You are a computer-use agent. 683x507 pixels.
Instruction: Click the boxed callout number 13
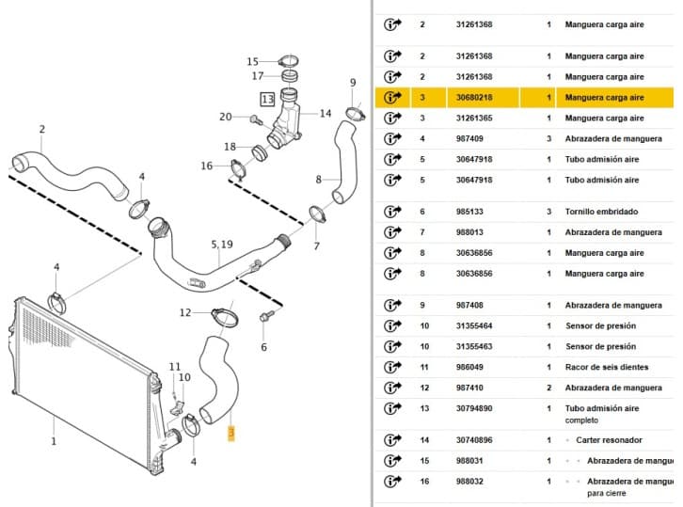pos(267,100)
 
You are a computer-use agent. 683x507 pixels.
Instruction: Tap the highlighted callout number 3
pos(231,433)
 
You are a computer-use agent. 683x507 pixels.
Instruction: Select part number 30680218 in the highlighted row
pos(474,98)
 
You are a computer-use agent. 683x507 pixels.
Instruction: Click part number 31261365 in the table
pos(474,118)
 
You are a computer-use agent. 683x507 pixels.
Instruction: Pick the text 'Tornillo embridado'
pos(601,212)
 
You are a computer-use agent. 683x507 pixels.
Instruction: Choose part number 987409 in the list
pos(469,139)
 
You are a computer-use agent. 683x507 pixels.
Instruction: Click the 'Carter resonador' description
pos(609,440)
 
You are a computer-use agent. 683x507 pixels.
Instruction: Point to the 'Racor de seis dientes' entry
pos(607,367)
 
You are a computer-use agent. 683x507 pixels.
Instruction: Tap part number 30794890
pos(474,408)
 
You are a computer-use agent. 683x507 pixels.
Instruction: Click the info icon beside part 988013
pos(392,232)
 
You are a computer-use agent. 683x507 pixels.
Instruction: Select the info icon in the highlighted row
pos(392,97)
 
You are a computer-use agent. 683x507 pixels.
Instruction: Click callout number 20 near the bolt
pos(225,117)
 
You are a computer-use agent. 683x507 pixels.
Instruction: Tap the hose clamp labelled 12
pos(225,318)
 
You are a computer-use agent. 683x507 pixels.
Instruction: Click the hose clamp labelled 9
pos(356,114)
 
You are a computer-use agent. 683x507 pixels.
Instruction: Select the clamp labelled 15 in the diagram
pos(289,60)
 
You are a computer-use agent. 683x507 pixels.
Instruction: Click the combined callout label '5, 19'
pos(222,245)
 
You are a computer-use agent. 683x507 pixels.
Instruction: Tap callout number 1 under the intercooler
pos(54,441)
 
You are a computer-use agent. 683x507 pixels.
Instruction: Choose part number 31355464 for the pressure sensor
pos(474,325)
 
